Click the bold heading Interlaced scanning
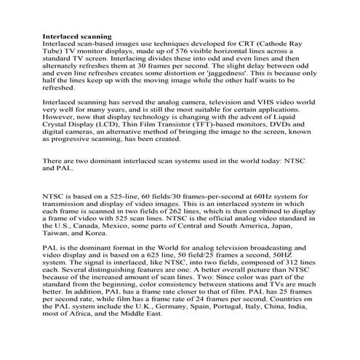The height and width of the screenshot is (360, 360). [x=78, y=36]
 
